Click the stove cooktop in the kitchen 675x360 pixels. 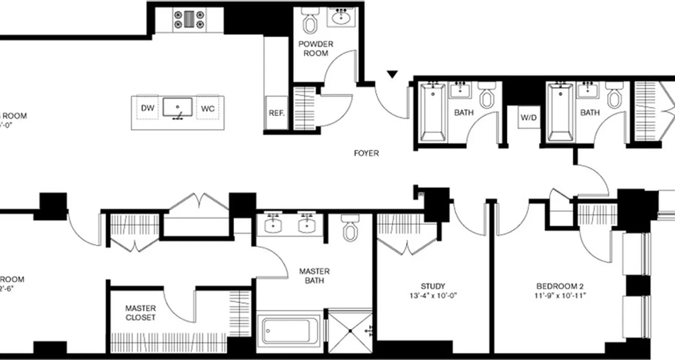coord(189,20)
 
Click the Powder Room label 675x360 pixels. coord(316,49)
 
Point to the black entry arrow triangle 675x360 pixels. coord(393,74)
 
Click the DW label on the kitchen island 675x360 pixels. coord(148,108)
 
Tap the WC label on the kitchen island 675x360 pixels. coord(207,108)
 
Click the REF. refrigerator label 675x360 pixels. coord(276,113)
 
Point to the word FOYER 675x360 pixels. coord(366,153)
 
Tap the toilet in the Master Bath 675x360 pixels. coord(349,228)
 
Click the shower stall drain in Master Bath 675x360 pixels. coord(350,331)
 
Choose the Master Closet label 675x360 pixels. coord(140,313)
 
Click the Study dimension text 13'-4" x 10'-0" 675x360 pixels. coord(433,296)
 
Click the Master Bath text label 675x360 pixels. coord(315,276)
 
